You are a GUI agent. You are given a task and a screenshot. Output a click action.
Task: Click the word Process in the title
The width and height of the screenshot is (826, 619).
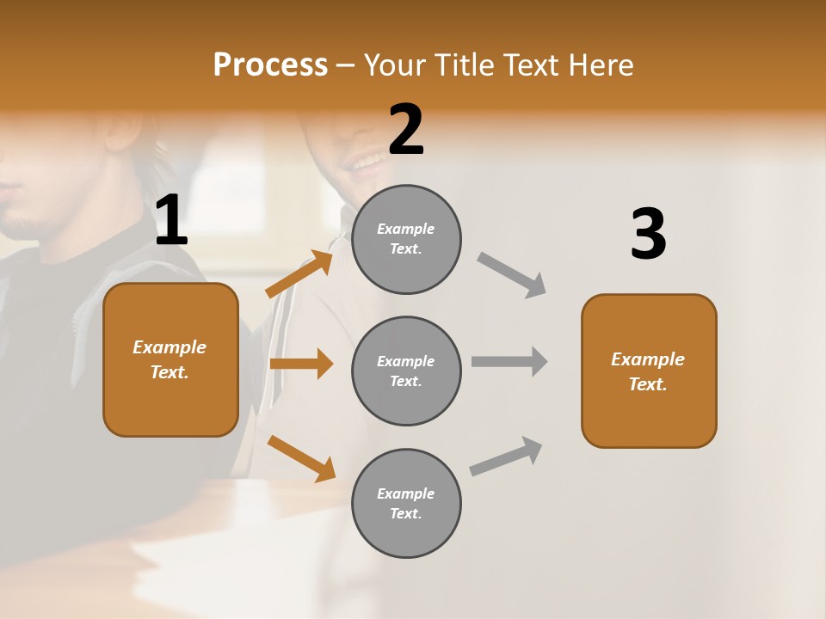(270, 65)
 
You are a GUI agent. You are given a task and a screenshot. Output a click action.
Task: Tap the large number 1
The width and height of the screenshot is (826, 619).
(171, 221)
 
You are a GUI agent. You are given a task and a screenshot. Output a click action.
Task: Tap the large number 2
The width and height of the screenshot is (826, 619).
(406, 130)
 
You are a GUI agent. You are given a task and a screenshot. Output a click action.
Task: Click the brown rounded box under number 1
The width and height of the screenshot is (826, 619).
(170, 359)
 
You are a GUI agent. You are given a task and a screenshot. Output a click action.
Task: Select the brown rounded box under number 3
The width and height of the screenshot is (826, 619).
(649, 371)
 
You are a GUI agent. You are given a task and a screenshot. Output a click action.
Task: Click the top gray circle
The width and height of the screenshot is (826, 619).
(406, 239)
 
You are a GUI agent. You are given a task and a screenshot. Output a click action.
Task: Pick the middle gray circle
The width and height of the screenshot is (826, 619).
(406, 371)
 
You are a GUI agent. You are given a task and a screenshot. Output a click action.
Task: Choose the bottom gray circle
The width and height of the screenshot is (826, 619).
(406, 504)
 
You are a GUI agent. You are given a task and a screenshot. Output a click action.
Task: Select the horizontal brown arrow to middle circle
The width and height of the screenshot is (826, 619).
(301, 364)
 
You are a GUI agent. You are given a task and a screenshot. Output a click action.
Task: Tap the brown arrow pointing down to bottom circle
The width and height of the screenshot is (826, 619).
(301, 457)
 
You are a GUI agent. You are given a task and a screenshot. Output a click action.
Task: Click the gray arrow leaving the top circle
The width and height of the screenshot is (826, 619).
(512, 274)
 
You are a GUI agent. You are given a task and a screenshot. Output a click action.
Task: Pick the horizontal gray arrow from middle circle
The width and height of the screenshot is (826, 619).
(509, 362)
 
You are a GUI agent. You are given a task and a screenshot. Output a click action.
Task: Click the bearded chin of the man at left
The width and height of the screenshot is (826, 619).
(26, 225)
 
